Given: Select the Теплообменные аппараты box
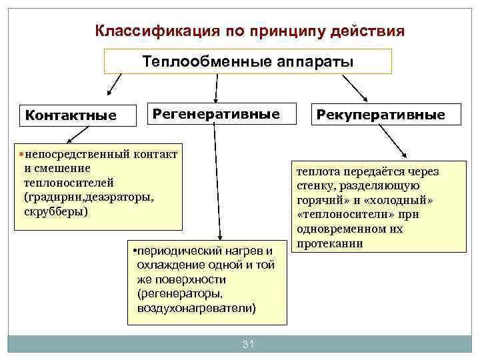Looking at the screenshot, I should (247, 62).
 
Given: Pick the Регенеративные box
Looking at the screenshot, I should (216, 113).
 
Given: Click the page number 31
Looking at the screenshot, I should (248, 344).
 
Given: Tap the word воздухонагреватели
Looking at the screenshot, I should (196, 309).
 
